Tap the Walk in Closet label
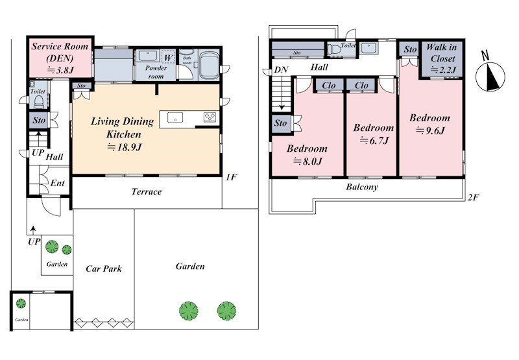(x=442, y=58)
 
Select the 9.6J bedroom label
(x=429, y=124)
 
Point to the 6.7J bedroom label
(x=374, y=134)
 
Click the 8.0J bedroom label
(x=307, y=154)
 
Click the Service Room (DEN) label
(x=60, y=58)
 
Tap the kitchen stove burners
(x=210, y=117)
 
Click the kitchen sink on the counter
(x=175, y=117)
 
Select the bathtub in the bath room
(x=209, y=66)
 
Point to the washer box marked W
(x=168, y=57)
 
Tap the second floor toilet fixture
(x=333, y=49)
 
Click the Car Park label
(x=104, y=269)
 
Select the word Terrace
(x=147, y=191)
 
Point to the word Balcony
(x=362, y=187)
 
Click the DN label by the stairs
(x=281, y=70)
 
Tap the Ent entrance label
(x=57, y=183)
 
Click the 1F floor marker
(x=232, y=177)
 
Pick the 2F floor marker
(x=474, y=198)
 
